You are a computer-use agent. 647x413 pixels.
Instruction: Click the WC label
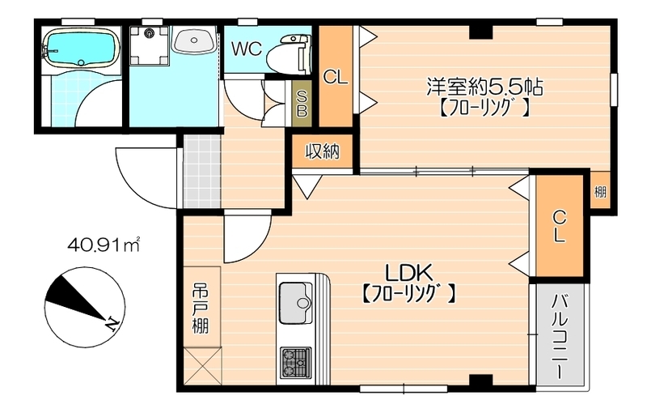[x=246, y=48]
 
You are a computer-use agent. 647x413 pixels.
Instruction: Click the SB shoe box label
[x=302, y=102]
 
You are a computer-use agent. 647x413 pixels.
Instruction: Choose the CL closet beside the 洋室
[x=335, y=77]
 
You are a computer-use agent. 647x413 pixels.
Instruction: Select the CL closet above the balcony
[x=560, y=227]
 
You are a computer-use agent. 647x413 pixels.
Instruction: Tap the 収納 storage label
[x=322, y=151]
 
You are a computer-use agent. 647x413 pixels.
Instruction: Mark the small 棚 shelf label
[x=600, y=192]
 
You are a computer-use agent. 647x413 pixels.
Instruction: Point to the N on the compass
[x=111, y=325]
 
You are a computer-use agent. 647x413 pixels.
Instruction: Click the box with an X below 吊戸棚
[x=201, y=364]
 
